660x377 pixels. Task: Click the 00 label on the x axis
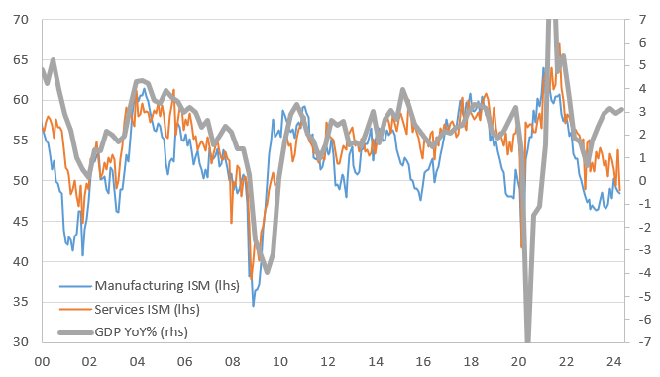coord(43,362)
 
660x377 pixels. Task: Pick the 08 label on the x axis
coord(232,362)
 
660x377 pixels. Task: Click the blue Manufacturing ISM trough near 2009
coord(253,306)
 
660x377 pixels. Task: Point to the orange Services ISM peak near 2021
coord(560,44)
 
